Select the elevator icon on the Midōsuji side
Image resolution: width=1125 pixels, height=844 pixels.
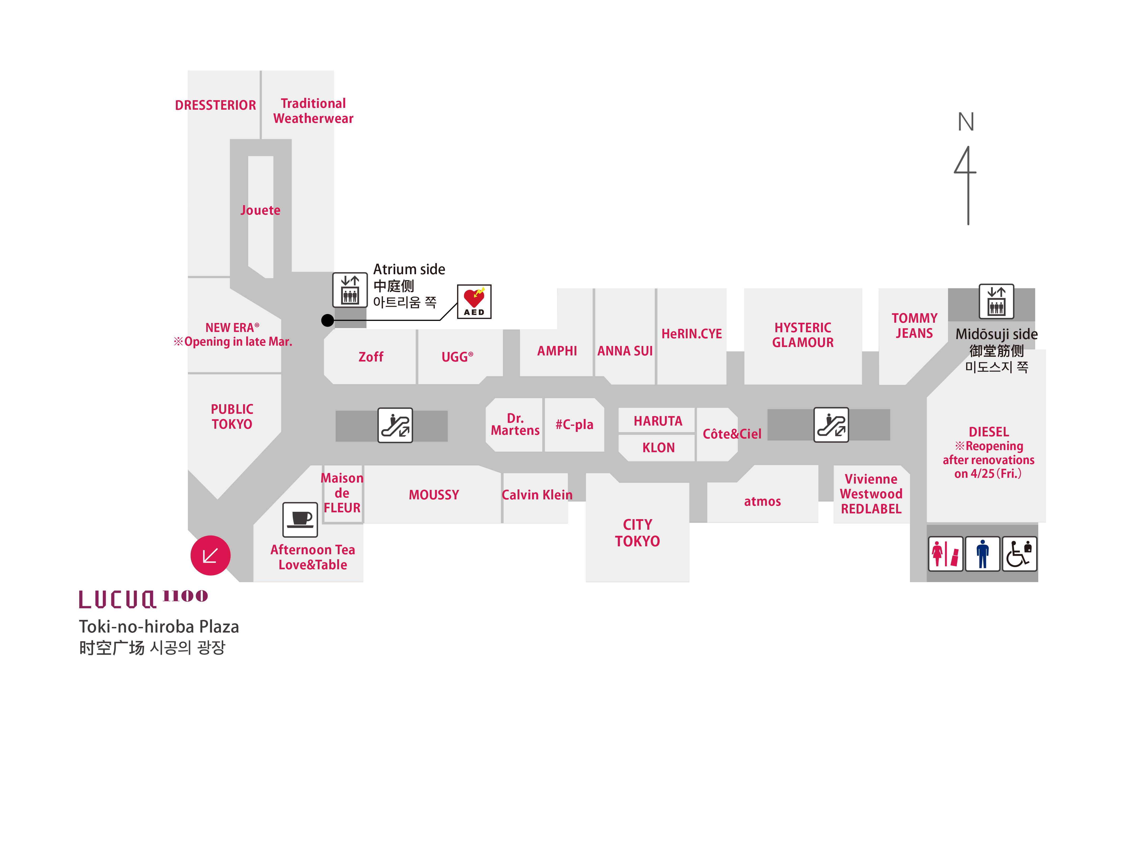tap(996, 301)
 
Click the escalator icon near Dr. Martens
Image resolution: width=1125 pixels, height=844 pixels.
tap(395, 425)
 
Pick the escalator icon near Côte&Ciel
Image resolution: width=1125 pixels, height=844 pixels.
tap(831, 425)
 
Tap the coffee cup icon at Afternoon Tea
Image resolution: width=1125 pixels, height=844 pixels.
tap(300, 519)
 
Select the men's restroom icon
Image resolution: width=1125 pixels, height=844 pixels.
tap(982, 553)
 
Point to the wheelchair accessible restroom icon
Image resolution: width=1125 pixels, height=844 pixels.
tap(1019, 553)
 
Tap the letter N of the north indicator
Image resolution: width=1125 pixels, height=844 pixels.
tap(966, 122)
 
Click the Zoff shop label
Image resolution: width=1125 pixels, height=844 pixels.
tap(371, 357)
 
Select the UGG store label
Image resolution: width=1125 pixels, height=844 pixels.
tap(457, 357)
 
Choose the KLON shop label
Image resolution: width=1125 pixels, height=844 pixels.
tap(658, 448)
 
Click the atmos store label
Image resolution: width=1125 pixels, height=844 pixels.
tap(762, 501)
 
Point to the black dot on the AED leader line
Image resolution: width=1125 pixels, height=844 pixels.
tap(327, 320)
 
